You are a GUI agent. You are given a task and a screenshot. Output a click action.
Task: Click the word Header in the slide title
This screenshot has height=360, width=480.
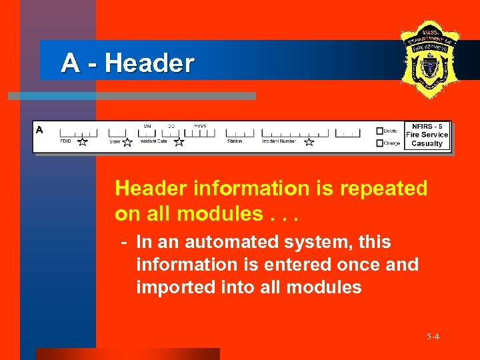[149, 63]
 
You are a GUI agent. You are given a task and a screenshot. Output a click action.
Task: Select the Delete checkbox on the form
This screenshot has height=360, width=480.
[380, 131]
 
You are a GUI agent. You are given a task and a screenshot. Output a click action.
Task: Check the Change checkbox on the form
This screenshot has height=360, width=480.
[380, 143]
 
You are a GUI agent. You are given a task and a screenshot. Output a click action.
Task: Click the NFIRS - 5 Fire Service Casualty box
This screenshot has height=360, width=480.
[427, 135]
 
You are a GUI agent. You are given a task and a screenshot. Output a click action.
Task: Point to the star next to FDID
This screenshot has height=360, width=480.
[82, 142]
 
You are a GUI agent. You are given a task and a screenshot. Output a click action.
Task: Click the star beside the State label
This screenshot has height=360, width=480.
[127, 142]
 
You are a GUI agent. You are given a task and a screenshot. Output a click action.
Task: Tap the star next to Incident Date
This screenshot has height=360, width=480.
[179, 142]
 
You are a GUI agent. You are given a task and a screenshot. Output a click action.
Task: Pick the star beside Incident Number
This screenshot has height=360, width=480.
[309, 142]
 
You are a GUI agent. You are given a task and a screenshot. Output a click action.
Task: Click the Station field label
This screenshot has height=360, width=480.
[235, 141]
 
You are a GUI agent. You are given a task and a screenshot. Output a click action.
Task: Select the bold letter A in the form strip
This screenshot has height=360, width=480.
[40, 130]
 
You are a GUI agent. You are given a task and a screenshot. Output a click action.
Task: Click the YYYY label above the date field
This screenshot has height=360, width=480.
[200, 126]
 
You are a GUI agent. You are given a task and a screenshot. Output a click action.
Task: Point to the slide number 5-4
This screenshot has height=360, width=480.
[433, 337]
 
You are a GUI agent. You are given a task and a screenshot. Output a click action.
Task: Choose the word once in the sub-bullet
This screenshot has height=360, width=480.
[359, 265]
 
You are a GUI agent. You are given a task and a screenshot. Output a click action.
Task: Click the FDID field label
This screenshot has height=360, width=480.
[65, 141]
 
